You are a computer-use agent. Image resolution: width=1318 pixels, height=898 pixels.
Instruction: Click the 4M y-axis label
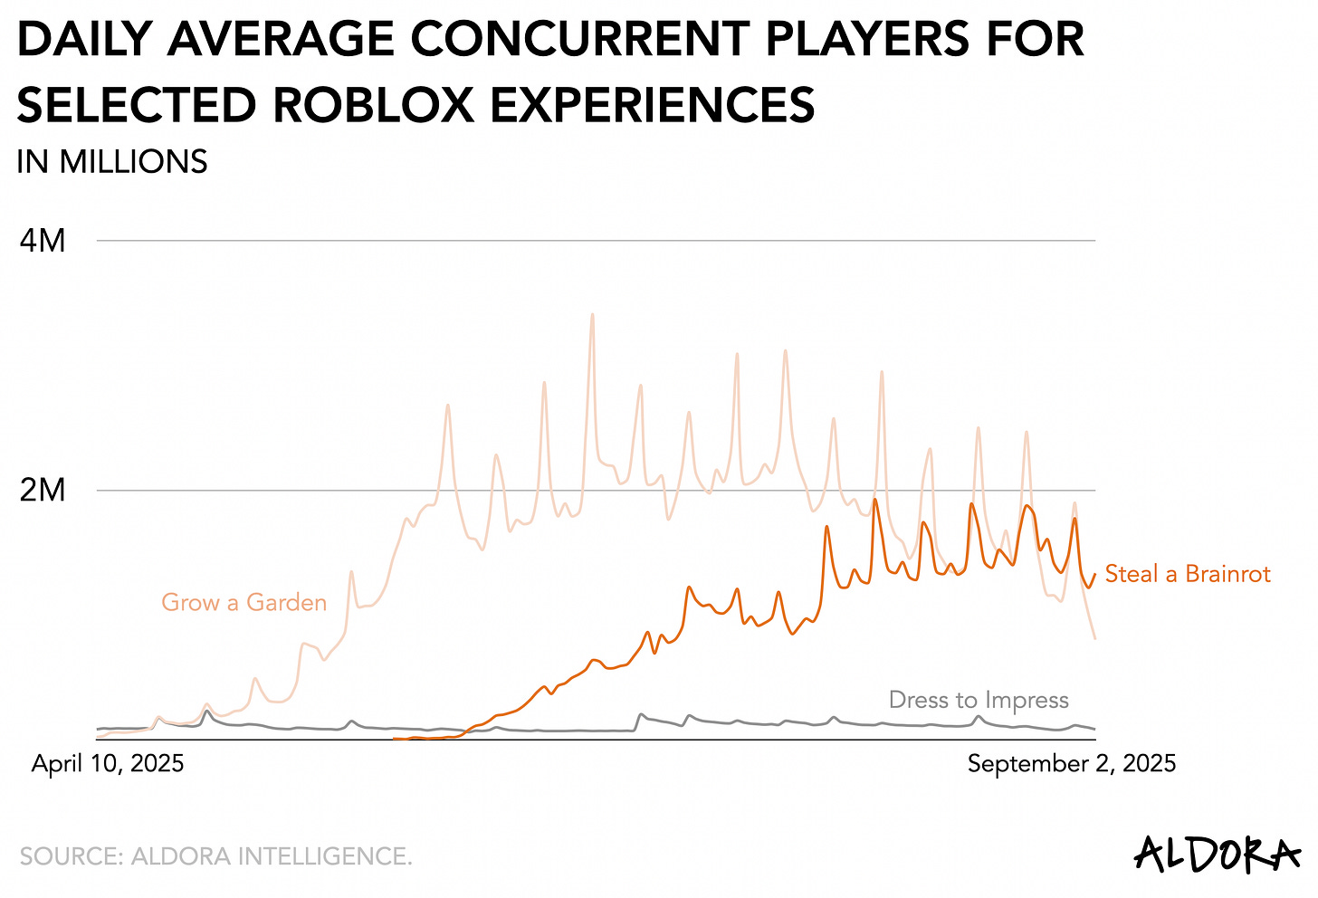(43, 242)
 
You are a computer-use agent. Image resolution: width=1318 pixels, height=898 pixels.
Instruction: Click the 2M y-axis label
(43, 491)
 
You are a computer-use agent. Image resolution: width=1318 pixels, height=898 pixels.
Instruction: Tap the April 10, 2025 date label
(108, 763)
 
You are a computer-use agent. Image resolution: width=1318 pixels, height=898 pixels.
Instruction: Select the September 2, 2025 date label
(1072, 763)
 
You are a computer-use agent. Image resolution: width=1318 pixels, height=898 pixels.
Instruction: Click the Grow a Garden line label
(244, 603)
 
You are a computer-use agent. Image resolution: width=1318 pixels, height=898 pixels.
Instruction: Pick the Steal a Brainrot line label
(1188, 574)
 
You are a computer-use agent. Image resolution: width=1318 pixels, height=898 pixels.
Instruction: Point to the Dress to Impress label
(979, 700)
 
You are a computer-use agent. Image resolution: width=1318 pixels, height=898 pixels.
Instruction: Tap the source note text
(215, 855)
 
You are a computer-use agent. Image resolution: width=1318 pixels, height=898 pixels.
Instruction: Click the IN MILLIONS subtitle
(112, 162)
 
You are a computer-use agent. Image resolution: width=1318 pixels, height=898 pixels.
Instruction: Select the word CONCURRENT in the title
(579, 40)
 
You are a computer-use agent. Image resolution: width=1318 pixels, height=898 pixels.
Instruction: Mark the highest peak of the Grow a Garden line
(592, 315)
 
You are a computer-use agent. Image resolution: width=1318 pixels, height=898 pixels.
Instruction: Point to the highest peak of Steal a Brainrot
(875, 499)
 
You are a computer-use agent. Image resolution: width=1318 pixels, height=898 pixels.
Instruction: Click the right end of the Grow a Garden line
(1095, 638)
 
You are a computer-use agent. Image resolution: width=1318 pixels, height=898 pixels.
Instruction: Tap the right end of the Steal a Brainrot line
(1095, 573)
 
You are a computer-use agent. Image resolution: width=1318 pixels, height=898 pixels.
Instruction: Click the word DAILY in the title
(84, 40)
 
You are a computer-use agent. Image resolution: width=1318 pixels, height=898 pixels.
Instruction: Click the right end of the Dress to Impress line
(1095, 729)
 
